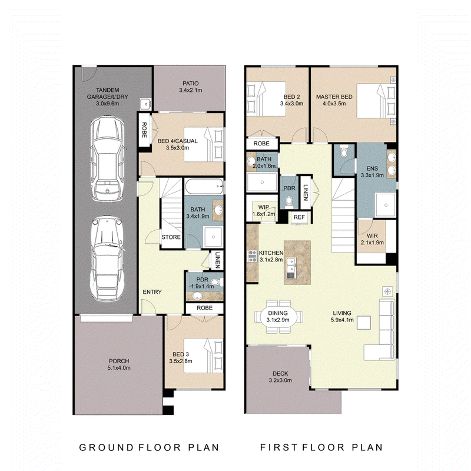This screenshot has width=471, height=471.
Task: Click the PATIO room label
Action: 190,84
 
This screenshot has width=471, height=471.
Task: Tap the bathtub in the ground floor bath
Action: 204,186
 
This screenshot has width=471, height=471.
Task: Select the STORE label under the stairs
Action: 171,237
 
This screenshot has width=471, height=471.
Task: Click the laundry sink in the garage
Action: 145,104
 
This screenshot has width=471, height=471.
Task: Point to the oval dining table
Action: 278,316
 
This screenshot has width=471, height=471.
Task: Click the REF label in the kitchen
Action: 299,217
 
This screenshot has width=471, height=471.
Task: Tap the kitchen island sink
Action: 291,266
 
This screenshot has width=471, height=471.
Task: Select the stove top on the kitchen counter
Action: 252,256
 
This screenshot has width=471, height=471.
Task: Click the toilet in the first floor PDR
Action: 288,201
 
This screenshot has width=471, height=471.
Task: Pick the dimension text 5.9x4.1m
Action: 342,320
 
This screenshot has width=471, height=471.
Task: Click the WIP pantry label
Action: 263,207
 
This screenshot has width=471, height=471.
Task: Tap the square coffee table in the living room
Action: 363,323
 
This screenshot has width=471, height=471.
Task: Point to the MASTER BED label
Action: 334,97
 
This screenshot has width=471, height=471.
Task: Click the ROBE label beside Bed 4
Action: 144,130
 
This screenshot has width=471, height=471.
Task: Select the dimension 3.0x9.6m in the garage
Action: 108,104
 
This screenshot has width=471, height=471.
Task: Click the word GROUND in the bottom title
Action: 107,447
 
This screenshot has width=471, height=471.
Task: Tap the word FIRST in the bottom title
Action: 279,447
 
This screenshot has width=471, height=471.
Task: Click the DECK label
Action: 280,373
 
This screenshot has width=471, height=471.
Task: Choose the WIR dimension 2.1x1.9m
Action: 372,243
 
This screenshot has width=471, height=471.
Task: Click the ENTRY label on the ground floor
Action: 152,291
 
